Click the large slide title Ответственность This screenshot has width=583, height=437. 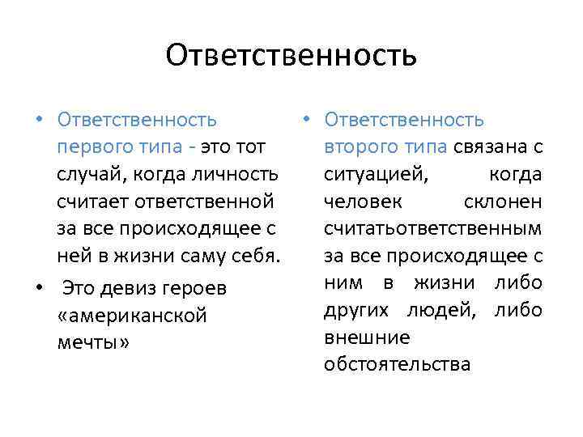point(291,55)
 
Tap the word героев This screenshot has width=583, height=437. point(199,288)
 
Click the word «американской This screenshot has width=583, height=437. point(133,316)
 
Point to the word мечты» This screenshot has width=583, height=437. point(93,342)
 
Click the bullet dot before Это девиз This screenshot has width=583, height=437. point(40,288)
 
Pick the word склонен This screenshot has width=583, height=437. point(503,202)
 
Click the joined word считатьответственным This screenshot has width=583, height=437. point(432,230)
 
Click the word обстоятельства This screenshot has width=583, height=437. point(397,365)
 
